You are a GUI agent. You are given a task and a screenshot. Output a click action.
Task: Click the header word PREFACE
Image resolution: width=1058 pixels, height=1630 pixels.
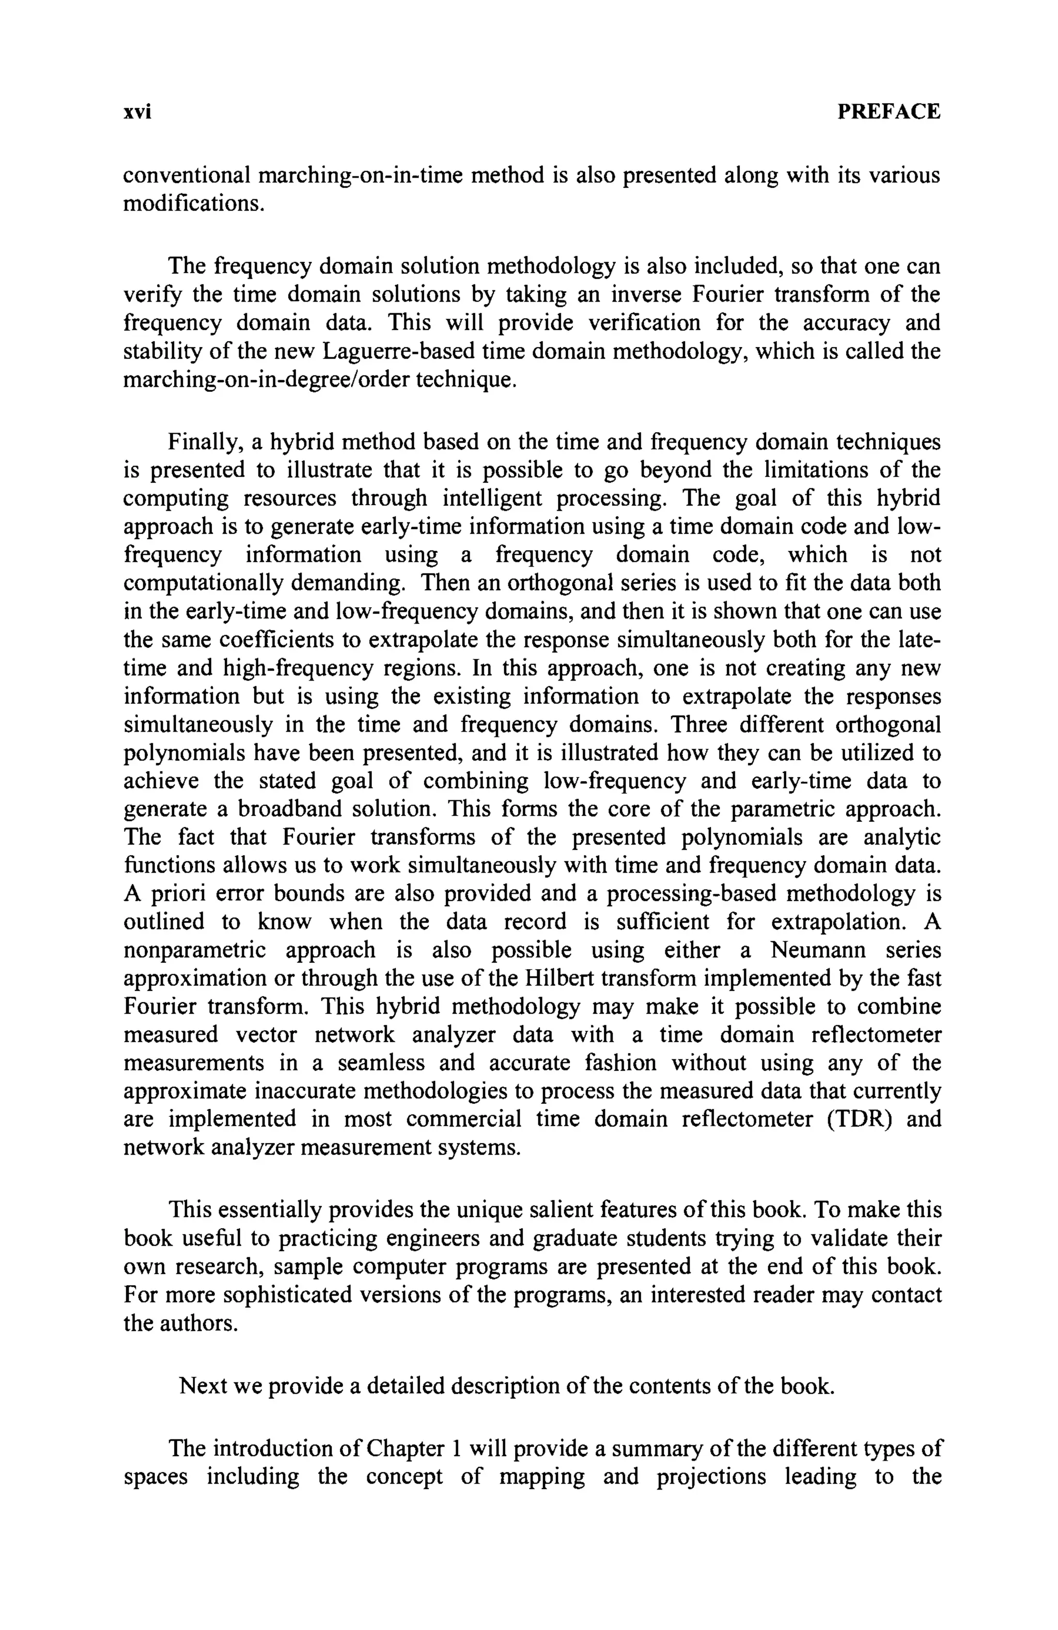pyautogui.click(x=889, y=111)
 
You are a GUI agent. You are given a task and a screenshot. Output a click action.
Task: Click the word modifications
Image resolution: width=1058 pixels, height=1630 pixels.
pyautogui.click(x=194, y=204)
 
